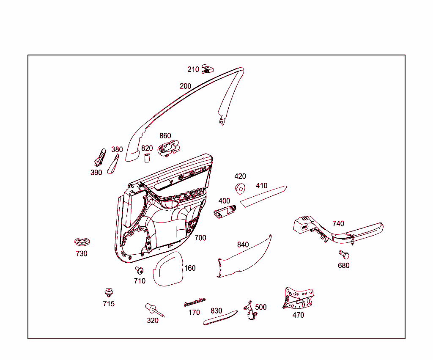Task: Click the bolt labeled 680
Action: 344,254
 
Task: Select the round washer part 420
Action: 240,188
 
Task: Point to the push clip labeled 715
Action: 109,292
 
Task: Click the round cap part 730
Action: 82,242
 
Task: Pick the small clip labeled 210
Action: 207,69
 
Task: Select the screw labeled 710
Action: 139,270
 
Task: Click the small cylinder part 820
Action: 147,158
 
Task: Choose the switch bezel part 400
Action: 225,212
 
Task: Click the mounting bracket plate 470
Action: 298,298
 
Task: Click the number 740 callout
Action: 338,223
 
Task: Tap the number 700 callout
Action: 200,238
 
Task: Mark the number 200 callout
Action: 185,86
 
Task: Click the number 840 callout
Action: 243,245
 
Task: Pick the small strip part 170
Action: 195,302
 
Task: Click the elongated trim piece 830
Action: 220,318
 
